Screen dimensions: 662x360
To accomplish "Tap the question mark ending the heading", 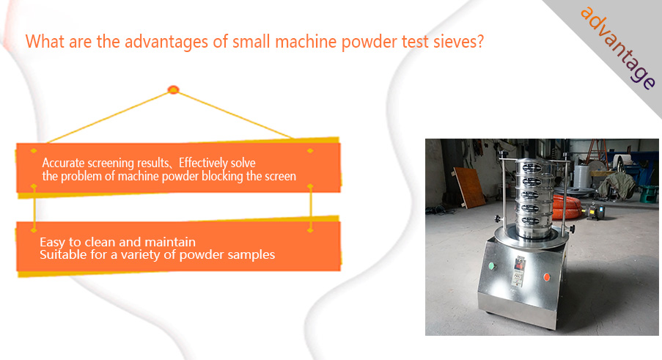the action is click(x=479, y=41).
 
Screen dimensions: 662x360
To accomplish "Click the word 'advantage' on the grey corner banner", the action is click(x=618, y=48).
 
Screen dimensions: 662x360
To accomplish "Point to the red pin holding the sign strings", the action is click(x=173, y=89).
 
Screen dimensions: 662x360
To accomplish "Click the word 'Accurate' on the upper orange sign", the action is click(x=63, y=163).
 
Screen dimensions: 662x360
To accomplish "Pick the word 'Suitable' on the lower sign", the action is click(x=60, y=254).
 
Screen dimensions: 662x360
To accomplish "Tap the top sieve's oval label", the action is click(x=532, y=168).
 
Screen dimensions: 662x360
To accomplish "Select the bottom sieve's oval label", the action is click(x=531, y=221).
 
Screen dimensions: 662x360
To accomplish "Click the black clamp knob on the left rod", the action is click(x=499, y=219).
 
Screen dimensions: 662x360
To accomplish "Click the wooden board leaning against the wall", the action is click(x=469, y=187).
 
